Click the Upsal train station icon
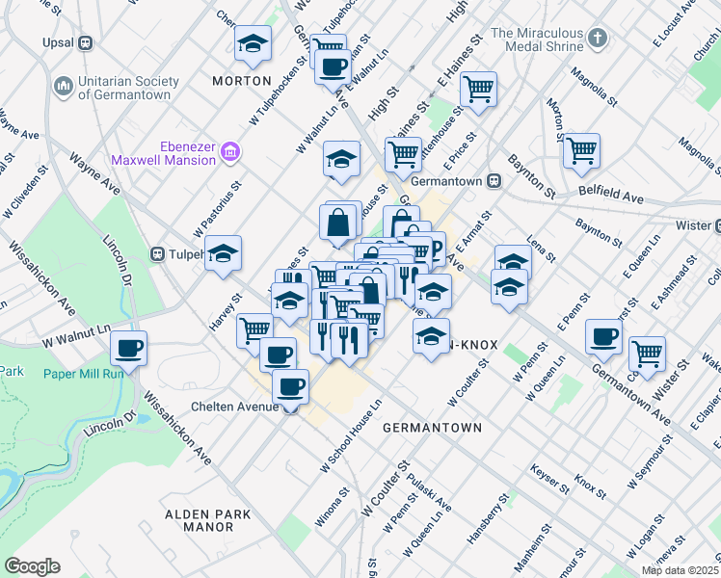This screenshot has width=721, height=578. tap(86, 42)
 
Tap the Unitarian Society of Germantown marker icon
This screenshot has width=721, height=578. tap(65, 88)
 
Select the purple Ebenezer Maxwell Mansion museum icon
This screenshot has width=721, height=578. tap(229, 152)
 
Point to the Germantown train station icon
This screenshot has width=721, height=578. tap(493, 180)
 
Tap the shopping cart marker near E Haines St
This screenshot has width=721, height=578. tap(478, 90)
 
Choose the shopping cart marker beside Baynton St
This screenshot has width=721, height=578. tap(581, 150)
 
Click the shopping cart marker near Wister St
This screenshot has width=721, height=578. tap(647, 353)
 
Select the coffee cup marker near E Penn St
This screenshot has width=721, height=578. tap(603, 336)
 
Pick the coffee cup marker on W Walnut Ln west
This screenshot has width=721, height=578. tap(128, 348)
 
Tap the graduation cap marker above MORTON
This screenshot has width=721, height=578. tap(254, 42)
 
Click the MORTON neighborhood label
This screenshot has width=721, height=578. tap(242, 81)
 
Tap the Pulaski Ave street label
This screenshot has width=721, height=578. tap(429, 491)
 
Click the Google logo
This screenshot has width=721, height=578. tap(32, 566)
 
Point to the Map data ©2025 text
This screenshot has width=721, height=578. tap(680, 570)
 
